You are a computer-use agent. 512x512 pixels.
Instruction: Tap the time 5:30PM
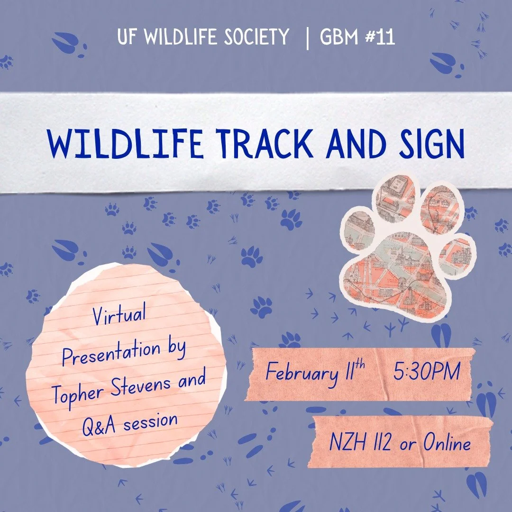426,372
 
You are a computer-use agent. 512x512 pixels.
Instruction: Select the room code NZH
347,443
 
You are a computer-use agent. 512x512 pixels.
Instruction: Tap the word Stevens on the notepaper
137,385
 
